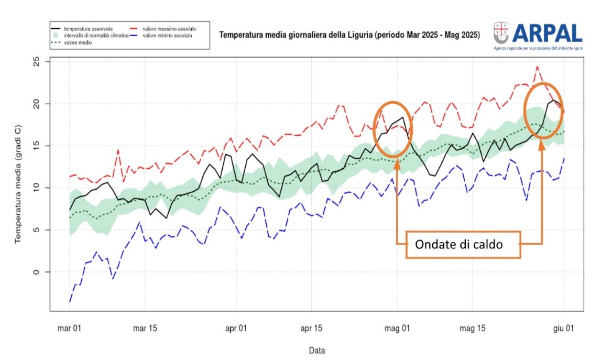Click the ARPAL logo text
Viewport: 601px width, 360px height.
(547, 32)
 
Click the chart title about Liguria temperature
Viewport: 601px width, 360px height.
(349, 36)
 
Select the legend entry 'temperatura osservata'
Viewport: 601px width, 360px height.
(88, 28)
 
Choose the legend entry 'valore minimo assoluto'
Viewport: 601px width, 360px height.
(167, 36)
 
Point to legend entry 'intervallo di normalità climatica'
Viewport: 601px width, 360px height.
(95, 36)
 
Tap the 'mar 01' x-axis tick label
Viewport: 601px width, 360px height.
(70, 329)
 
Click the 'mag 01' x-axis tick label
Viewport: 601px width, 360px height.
(397, 329)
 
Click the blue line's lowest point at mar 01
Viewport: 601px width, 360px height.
(70, 301)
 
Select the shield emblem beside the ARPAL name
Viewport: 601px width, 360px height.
(501, 32)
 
